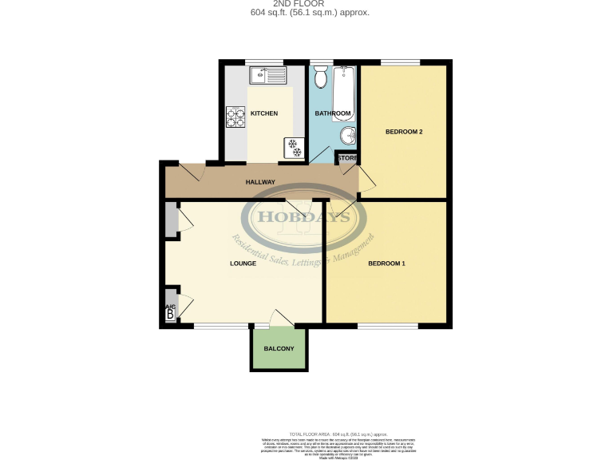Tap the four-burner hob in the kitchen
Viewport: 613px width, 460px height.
point(235,117)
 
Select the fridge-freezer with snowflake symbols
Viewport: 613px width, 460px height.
point(292,148)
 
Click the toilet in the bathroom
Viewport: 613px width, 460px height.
point(321,77)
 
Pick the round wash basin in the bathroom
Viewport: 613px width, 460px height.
point(348,136)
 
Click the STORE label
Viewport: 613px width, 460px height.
point(347,158)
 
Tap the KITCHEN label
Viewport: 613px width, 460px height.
point(264,113)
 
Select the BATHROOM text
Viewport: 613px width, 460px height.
point(331,113)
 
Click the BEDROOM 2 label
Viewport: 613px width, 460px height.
point(403,132)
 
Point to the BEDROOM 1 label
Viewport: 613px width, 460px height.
point(387,264)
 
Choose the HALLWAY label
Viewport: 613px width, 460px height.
point(260,182)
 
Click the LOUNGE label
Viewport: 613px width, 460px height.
point(243,263)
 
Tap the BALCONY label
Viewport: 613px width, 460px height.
point(279,349)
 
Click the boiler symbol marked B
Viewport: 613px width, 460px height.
point(169,315)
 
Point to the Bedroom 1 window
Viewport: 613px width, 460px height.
point(387,325)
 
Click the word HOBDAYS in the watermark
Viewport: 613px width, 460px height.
point(307,216)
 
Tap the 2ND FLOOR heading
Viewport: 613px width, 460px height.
point(306,4)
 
